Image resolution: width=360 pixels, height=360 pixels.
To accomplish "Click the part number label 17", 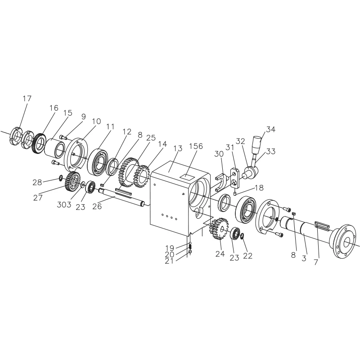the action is [x=27, y=99].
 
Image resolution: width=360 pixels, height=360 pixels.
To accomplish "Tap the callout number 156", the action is [x=196, y=146].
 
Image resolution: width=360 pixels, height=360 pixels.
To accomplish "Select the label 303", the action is [x=64, y=205].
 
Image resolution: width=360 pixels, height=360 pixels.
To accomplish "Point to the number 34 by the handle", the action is [x=270, y=130].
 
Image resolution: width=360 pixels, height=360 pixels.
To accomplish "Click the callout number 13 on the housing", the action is [x=178, y=148].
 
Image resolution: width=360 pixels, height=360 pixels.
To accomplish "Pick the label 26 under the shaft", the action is [x=97, y=207].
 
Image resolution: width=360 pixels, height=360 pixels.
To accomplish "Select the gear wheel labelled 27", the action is [x=73, y=181].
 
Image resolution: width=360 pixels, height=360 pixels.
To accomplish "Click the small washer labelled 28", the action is [x=61, y=177].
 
